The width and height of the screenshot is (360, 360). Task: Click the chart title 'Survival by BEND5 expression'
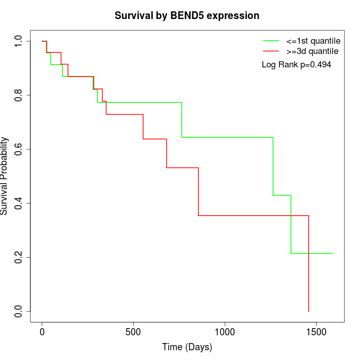(187, 15)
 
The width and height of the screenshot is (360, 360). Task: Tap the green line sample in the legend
(271, 40)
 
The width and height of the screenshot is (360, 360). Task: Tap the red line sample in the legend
(271, 51)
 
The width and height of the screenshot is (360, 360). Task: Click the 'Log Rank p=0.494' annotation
(296, 65)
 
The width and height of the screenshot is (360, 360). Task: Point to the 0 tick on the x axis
(42, 332)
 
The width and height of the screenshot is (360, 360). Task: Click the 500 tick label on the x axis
(133, 332)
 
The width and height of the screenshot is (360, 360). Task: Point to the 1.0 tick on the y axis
(19, 41)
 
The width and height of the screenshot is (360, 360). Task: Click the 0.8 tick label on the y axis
(19, 95)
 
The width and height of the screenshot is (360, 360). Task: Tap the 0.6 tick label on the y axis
(19, 149)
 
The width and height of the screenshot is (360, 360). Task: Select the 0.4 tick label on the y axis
(19, 203)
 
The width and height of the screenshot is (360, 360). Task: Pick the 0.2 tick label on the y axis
(19, 257)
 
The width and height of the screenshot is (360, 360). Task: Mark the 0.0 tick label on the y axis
(19, 311)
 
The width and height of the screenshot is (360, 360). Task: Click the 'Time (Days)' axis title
(187, 348)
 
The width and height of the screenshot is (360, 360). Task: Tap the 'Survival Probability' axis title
(5, 176)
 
